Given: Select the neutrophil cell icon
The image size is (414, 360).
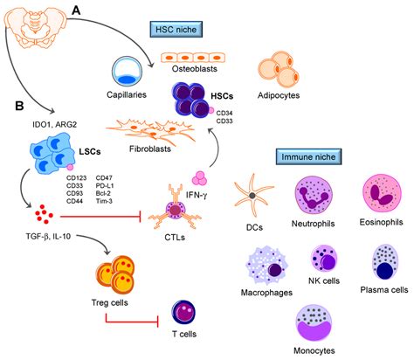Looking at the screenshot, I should click(x=319, y=199).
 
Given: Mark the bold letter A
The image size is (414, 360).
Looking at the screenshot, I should click(x=77, y=10).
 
